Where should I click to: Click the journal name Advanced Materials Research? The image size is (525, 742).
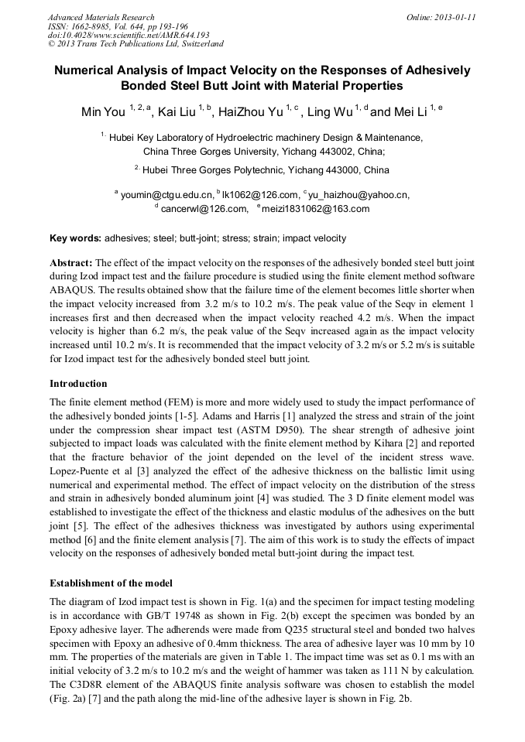coord(101,16)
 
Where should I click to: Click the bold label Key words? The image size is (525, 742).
coord(75,238)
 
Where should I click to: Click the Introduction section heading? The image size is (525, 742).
coord(78,384)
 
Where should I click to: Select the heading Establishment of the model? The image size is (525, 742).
coord(111,583)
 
